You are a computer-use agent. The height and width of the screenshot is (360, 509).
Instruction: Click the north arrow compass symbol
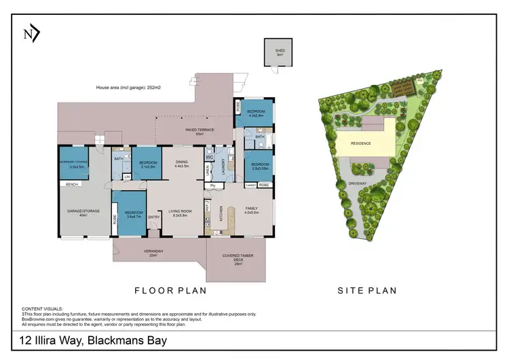[31, 34]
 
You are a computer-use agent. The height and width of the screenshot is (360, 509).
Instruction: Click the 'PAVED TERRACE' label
[200, 131]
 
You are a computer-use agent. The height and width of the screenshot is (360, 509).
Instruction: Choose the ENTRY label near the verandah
[155, 217]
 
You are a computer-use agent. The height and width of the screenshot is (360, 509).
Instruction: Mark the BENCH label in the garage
[71, 184]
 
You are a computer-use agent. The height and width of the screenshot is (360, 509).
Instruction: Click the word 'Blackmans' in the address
[115, 339]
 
